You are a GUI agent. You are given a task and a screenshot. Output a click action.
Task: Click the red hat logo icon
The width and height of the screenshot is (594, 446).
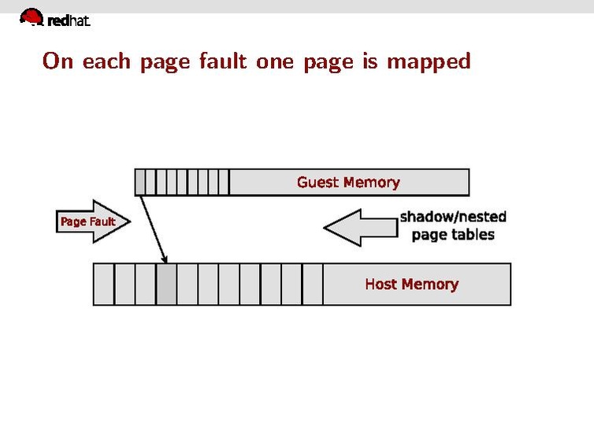[x=32, y=17]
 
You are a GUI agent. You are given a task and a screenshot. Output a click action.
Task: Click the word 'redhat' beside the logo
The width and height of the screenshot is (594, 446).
[x=69, y=22]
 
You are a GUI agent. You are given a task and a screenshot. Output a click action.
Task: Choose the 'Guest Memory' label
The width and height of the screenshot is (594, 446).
[x=348, y=182]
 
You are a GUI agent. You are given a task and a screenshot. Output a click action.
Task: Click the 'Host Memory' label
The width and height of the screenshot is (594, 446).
[x=411, y=284]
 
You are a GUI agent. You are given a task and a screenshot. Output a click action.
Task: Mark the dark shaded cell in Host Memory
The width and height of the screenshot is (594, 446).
[x=166, y=284]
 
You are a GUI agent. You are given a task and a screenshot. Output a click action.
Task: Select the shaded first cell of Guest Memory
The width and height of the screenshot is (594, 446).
[x=140, y=182]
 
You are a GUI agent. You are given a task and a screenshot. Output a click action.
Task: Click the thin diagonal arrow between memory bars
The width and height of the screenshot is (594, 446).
[x=154, y=229]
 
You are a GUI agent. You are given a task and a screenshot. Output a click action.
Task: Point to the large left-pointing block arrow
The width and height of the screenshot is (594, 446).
[x=358, y=228]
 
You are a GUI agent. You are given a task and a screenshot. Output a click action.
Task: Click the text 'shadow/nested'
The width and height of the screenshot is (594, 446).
[x=453, y=217]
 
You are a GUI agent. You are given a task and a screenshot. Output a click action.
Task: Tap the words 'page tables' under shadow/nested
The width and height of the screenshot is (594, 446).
[x=453, y=235]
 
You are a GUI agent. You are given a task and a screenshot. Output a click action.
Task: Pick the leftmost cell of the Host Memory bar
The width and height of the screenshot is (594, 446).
[x=104, y=284]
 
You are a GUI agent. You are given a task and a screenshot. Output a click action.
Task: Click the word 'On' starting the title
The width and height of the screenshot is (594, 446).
[x=58, y=61]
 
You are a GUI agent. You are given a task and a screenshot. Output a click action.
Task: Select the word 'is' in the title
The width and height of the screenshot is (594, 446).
[x=370, y=61]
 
